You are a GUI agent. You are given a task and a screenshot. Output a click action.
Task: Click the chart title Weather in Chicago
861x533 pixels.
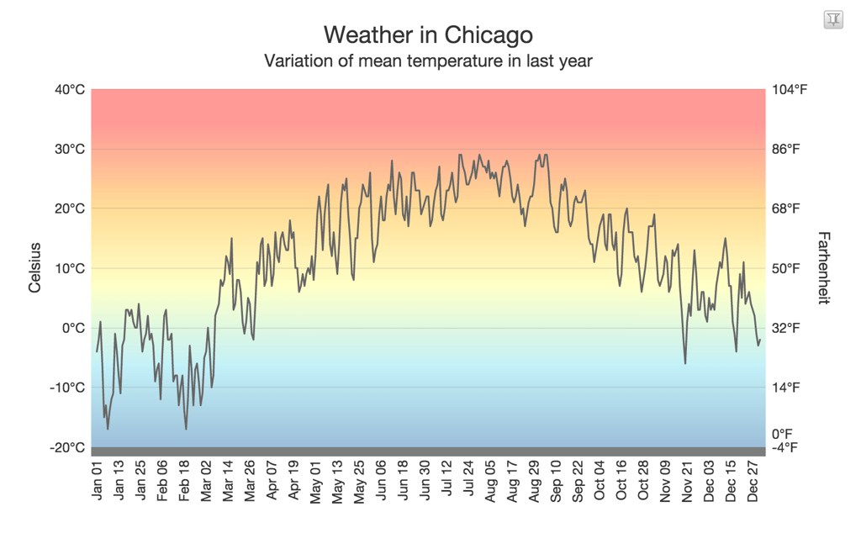click(428, 34)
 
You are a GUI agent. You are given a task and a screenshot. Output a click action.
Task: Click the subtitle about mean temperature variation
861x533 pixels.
click(428, 61)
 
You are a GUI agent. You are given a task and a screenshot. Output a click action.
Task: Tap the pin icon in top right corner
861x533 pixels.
click(832, 19)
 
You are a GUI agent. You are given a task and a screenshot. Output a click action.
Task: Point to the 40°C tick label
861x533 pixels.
click(69, 90)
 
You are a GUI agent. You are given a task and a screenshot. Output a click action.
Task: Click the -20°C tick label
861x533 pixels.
click(67, 447)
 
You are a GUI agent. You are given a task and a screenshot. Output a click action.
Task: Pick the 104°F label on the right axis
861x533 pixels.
click(790, 90)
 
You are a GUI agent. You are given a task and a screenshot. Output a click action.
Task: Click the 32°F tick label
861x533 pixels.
click(787, 328)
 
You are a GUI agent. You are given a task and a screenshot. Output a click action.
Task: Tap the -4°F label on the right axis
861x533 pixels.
click(786, 447)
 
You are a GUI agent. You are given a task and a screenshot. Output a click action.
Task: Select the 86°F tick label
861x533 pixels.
click(787, 150)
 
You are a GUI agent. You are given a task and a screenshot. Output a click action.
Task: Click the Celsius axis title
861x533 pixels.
click(34, 268)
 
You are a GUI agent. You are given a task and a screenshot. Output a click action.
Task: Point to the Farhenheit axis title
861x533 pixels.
click(823, 268)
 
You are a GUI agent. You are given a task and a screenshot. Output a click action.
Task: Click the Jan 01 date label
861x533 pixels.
click(97, 481)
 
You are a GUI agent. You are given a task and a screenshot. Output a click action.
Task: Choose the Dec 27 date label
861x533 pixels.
click(754, 481)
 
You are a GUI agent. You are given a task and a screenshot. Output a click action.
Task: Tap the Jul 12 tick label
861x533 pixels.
click(446, 481)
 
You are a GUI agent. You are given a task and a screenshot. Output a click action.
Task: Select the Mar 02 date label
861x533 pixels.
click(206, 481)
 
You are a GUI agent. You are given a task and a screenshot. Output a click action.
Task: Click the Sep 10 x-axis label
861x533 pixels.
click(556, 481)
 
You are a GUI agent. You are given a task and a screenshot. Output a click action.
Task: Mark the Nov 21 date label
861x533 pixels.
click(688, 481)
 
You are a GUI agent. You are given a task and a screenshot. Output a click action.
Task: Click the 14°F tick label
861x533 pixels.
click(787, 388)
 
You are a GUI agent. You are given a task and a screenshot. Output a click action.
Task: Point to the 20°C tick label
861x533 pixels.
click(70, 209)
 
